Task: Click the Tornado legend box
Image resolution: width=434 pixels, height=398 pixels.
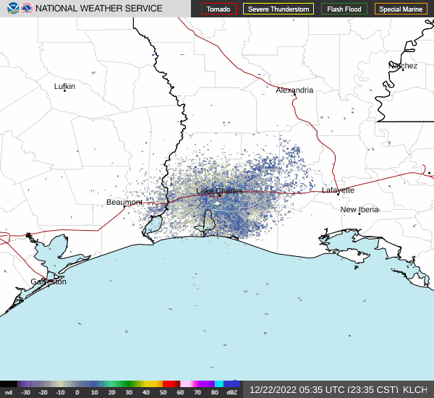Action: point(218,9)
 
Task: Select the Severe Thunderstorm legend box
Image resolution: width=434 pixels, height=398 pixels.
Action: point(278,9)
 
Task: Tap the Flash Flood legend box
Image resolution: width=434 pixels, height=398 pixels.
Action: point(344,9)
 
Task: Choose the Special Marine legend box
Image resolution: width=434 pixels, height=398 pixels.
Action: point(401,9)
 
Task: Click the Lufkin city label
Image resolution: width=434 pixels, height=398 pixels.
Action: point(64,86)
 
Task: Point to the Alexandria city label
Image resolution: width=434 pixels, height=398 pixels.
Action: point(294,90)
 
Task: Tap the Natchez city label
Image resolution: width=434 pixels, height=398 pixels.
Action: point(403,66)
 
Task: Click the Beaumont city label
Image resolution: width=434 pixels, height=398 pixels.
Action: point(124,202)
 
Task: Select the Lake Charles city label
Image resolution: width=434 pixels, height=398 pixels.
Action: point(219,191)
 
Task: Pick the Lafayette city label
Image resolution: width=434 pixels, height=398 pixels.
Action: point(338,190)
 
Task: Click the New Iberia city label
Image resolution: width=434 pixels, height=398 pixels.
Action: point(359,210)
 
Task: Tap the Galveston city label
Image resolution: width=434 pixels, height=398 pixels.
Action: point(48,281)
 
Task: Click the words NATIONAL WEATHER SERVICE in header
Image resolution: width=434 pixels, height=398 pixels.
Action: point(99,9)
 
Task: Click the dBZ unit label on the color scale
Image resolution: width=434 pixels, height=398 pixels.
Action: point(231,392)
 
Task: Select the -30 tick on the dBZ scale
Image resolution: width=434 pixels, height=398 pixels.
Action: point(25,392)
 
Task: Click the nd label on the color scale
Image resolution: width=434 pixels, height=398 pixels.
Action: point(8,392)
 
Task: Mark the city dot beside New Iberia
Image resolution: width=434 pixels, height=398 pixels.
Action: point(359,213)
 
